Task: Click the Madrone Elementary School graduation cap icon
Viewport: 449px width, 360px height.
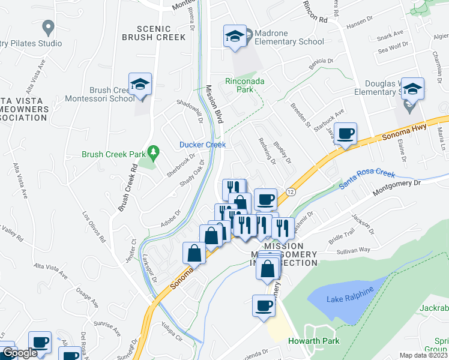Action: tap(235, 36)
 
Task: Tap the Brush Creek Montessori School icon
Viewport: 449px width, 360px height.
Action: tap(140, 85)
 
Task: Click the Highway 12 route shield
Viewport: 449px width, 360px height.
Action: tap(291, 191)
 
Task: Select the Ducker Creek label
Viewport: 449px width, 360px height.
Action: tap(203, 145)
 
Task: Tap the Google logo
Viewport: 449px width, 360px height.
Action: tap(20, 353)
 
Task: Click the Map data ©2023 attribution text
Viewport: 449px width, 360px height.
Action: tap(423, 355)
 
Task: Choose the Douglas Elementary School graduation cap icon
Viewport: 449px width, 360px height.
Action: tap(412, 89)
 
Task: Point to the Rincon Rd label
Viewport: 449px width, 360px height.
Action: tap(315, 15)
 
